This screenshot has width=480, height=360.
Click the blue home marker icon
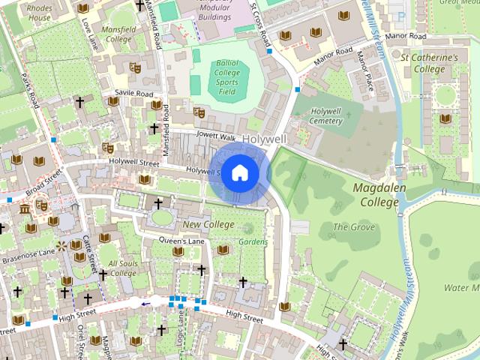tap(238, 173)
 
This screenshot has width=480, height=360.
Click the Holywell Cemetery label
tap(325, 115)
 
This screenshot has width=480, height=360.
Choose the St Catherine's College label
tap(428, 63)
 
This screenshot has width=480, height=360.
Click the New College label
tap(208, 224)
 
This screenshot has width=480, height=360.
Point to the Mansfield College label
tap(118, 34)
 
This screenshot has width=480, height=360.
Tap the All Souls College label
tap(122, 268)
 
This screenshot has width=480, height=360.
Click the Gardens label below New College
tap(253, 242)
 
